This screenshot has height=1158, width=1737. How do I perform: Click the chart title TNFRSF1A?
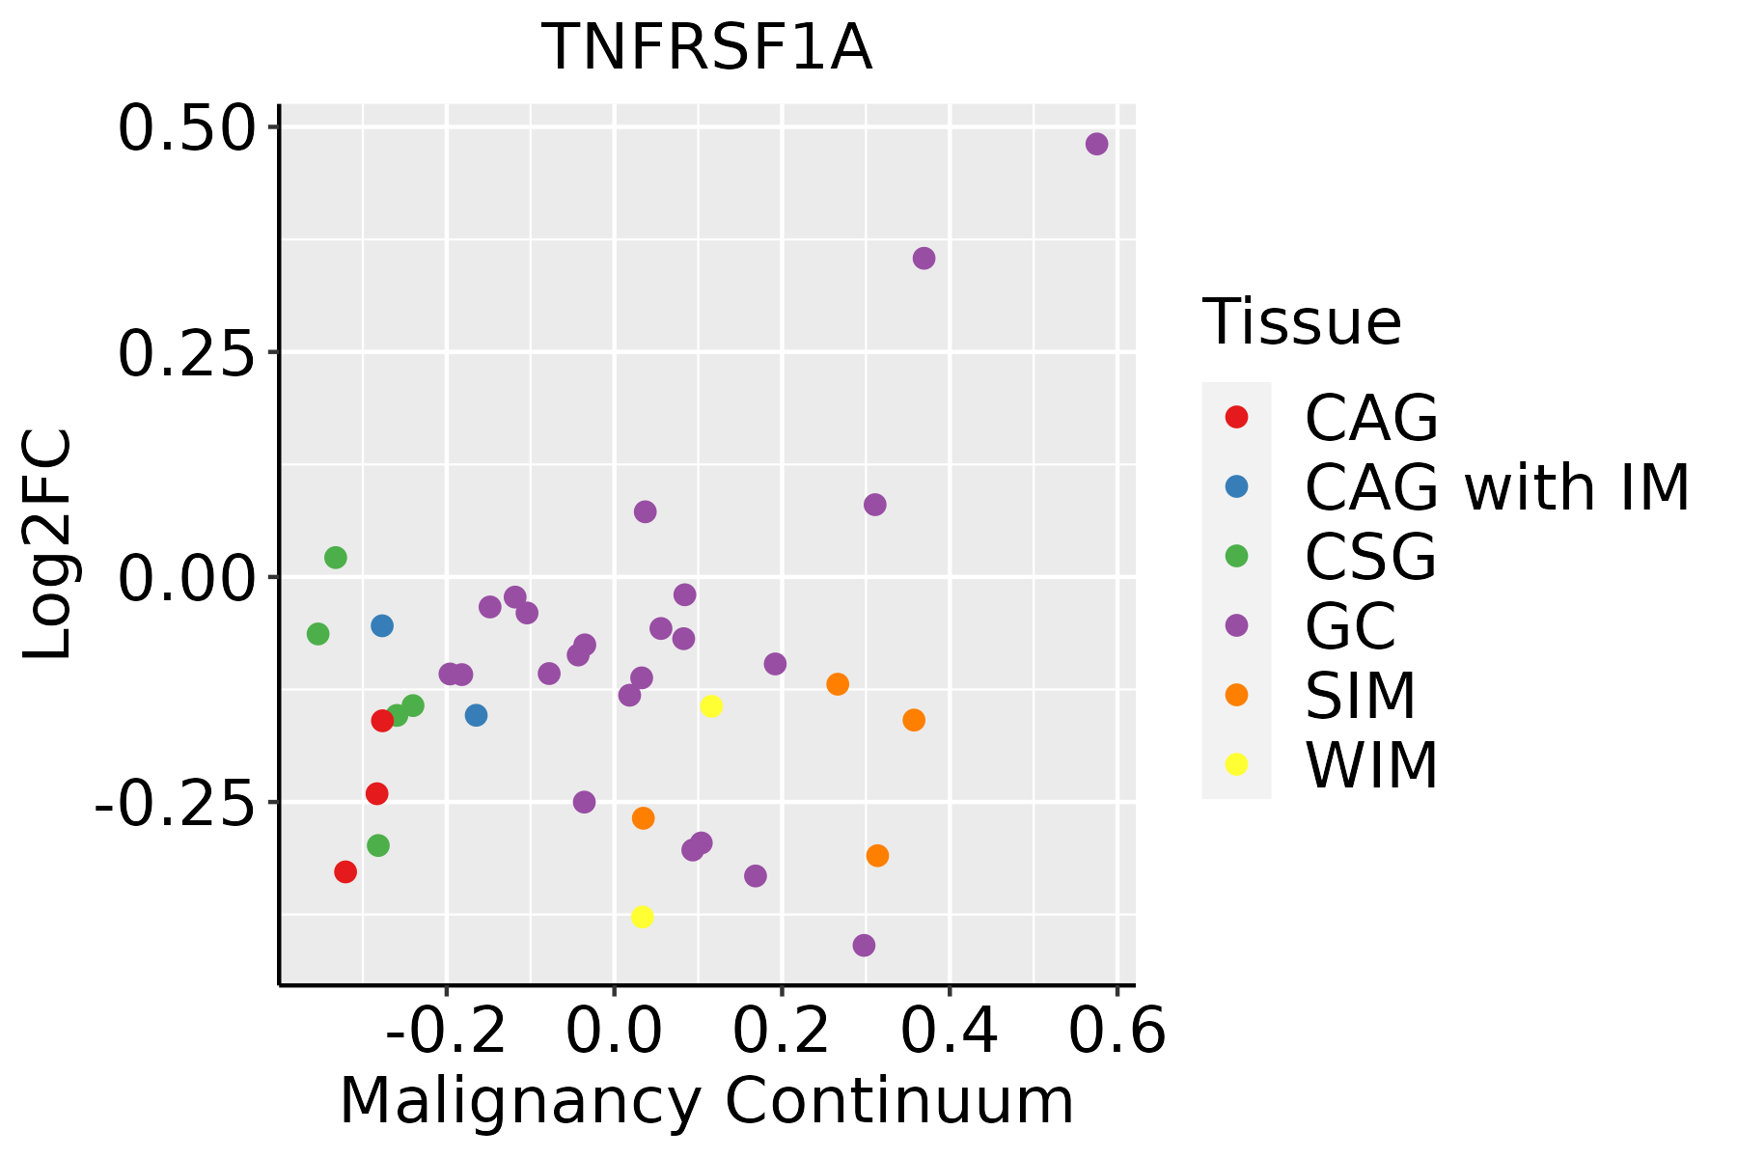point(707,48)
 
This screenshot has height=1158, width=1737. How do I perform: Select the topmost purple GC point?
point(1096,144)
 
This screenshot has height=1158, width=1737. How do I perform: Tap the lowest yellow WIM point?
point(642,916)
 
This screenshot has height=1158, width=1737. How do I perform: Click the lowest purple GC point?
point(864,945)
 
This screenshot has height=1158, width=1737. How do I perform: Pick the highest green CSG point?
point(335,557)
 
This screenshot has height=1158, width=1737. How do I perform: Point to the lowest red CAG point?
point(345,871)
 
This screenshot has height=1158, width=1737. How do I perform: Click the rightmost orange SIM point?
point(913,720)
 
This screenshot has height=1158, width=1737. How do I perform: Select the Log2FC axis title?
point(48,545)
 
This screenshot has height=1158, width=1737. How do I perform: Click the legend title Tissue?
point(1302,322)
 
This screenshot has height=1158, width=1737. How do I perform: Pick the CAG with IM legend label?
point(1497,487)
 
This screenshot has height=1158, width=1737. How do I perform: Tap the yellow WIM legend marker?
point(1236,763)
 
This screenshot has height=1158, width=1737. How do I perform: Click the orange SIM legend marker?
point(1236,695)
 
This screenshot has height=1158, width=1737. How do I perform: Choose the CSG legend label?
point(1370,557)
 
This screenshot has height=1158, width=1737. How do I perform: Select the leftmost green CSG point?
point(317,634)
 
